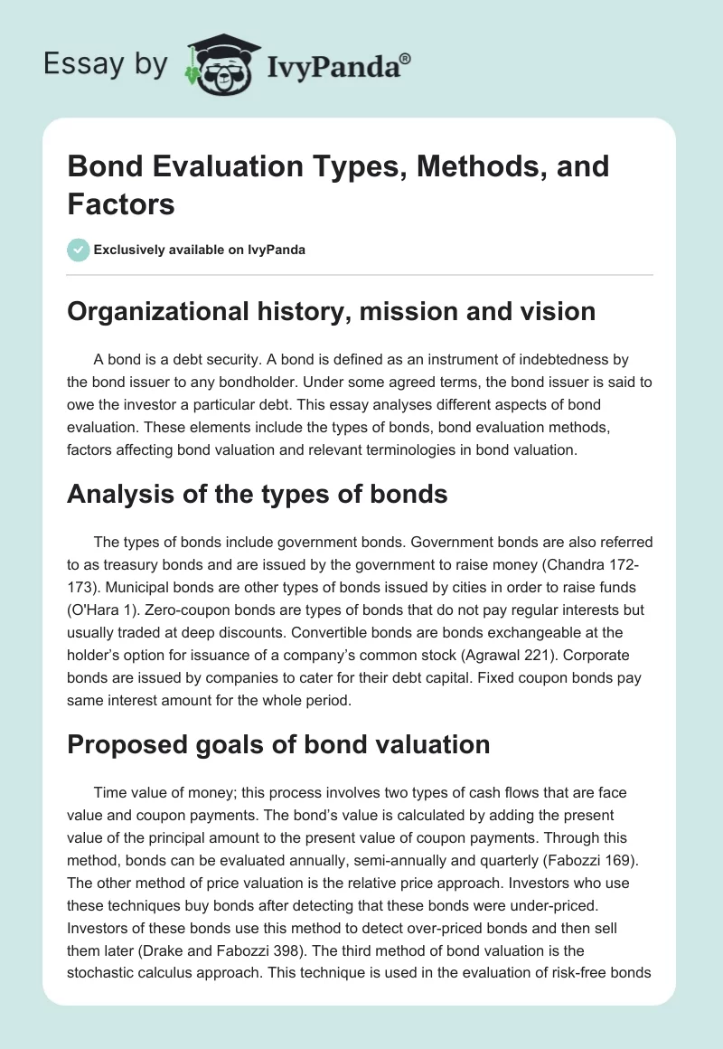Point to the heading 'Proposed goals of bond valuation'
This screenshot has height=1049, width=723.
[x=278, y=743]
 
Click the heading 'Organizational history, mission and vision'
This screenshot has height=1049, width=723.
[x=331, y=311]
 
